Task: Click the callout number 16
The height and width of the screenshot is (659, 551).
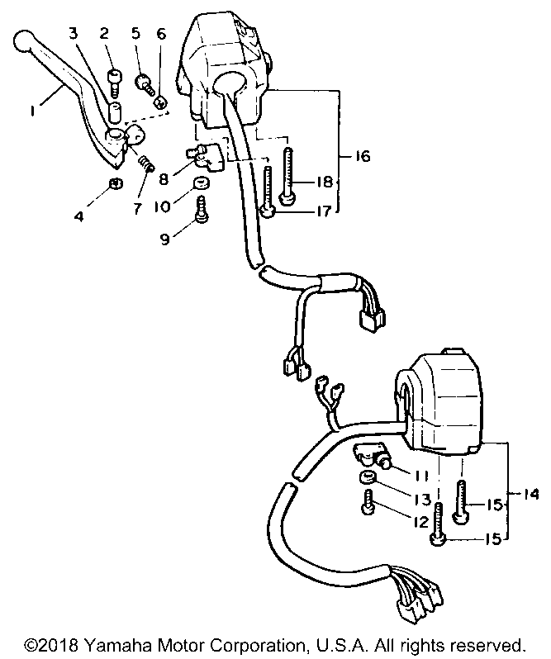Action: click(361, 156)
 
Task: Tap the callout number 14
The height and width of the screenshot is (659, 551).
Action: click(531, 494)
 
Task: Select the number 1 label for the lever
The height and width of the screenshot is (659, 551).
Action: click(32, 111)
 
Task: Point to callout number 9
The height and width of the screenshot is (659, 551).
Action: click(165, 239)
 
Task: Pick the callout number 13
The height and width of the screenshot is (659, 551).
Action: click(422, 500)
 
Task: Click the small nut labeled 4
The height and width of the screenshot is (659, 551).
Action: click(116, 183)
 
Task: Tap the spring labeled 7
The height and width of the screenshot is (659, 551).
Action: click(146, 163)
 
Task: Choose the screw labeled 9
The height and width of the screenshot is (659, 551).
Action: click(202, 209)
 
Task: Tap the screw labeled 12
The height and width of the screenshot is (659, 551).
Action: click(368, 502)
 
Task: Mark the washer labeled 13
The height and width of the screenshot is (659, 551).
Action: click(367, 477)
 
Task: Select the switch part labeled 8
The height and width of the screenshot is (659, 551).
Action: click(205, 157)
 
